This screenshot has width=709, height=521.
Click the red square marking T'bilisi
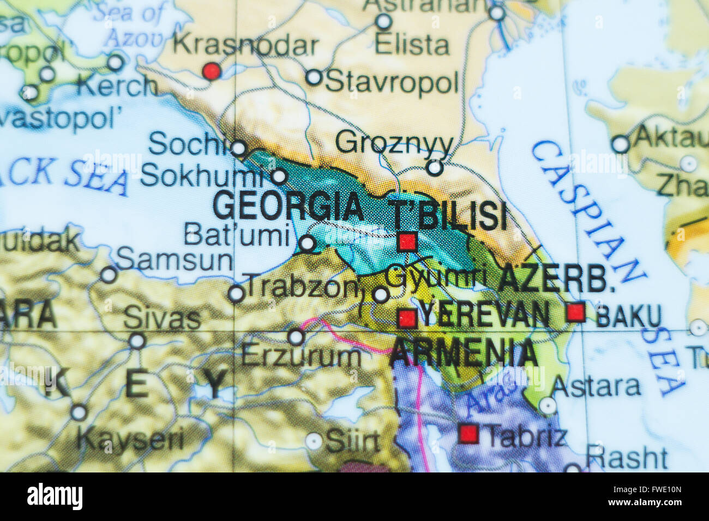click(x=407, y=241)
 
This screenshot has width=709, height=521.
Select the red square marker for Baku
click(x=575, y=312)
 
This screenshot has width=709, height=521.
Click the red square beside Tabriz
click(x=468, y=434)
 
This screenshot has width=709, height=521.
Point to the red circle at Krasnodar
click(x=212, y=71)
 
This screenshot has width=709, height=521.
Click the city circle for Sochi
click(x=238, y=148)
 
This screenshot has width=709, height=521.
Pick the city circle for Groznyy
click(x=434, y=167)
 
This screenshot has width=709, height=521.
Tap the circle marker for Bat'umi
click(x=307, y=244)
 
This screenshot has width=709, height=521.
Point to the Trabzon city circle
click(x=236, y=294)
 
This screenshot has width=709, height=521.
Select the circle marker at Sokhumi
click(x=279, y=176)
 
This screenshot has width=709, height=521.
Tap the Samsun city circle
click(x=109, y=275)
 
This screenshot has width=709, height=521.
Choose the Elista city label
click(x=412, y=45)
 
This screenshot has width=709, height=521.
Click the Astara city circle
click(x=548, y=405)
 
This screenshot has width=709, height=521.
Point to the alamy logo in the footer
click(x=55, y=497)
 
